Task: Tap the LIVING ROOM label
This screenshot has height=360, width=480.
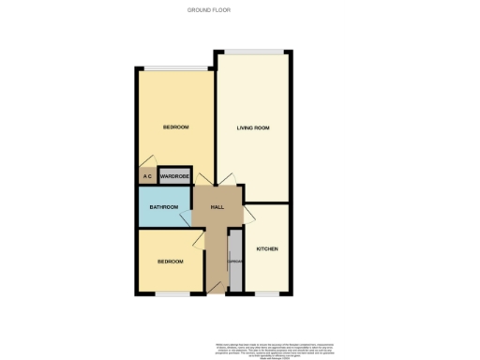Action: (253, 127)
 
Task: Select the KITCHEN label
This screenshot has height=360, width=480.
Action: (267, 248)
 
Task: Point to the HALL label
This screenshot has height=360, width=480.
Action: (217, 207)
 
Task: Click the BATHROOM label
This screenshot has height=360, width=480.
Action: (163, 207)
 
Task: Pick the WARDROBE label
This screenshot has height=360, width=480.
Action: (175, 176)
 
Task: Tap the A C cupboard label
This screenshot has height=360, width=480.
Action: (147, 176)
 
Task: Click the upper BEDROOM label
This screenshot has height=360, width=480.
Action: (175, 127)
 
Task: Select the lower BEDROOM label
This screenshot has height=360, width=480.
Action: (170, 262)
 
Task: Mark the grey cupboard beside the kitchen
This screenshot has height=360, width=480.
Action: (235, 261)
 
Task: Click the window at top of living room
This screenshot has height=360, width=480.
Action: (250, 51)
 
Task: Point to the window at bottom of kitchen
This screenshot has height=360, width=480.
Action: (267, 293)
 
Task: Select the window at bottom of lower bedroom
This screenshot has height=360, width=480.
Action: (170, 293)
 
